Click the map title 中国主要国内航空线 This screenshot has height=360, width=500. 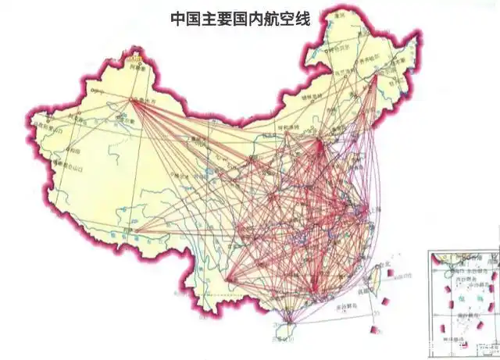pyautogui.click(x=240, y=19)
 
